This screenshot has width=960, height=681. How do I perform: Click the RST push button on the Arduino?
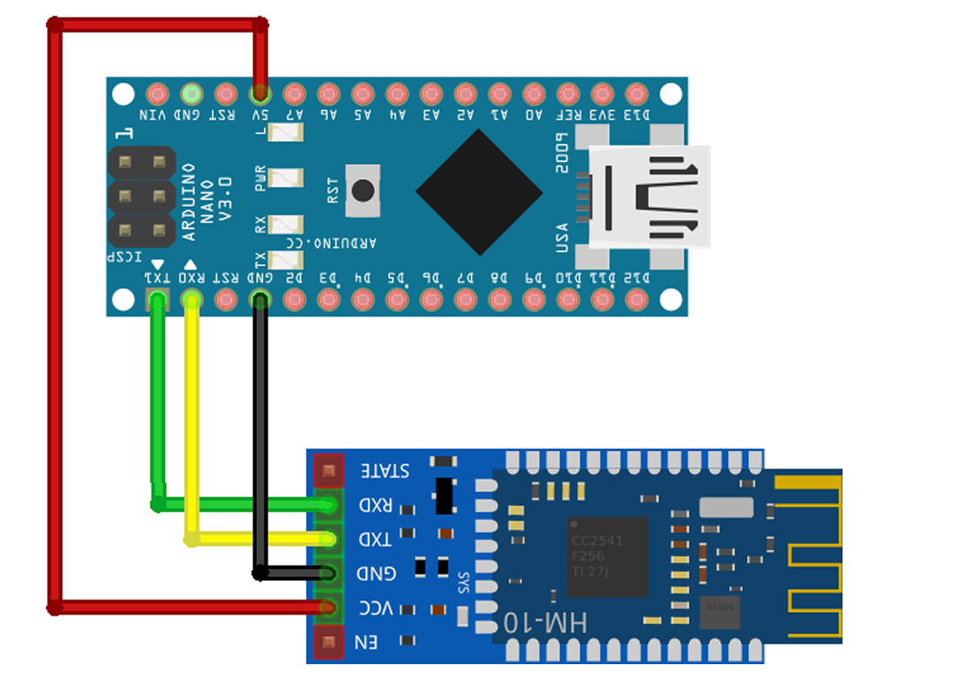tap(362, 191)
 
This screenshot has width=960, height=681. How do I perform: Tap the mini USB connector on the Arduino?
tap(650, 196)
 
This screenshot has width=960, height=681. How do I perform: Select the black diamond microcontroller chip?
tap(480, 192)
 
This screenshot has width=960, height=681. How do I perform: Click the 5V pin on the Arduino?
tap(260, 93)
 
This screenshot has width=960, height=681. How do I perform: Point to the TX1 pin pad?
tap(157, 300)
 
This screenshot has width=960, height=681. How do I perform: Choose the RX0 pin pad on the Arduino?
tap(191, 300)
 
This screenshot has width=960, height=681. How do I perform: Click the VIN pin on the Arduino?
tap(158, 93)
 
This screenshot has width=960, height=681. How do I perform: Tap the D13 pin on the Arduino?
tap(636, 93)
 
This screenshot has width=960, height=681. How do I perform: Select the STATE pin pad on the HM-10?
tap(328, 469)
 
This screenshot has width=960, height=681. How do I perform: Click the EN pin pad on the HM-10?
tap(328, 641)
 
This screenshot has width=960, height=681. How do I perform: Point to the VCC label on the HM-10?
tap(377, 608)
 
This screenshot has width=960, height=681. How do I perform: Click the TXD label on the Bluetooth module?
tap(377, 539)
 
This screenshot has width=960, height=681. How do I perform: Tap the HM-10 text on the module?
tap(544, 622)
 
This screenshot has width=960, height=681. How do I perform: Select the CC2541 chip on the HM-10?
tap(606, 557)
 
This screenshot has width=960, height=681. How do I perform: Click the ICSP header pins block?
tap(140, 197)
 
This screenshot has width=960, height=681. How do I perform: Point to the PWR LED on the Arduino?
tap(285, 178)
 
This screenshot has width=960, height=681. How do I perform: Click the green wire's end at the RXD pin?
tap(329, 505)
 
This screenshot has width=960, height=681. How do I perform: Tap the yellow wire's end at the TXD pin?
tap(329, 538)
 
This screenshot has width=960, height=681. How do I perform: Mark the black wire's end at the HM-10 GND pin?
tap(329, 573)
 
